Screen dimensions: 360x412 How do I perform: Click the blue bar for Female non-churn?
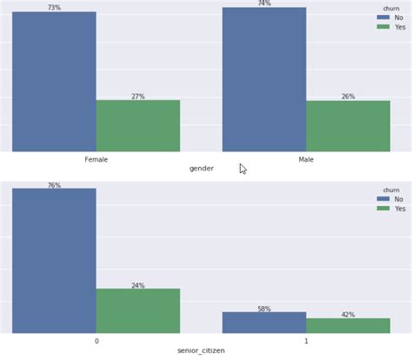[54, 82]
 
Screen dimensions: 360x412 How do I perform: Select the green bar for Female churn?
[138, 126]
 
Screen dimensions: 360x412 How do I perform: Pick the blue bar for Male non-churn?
[264, 79]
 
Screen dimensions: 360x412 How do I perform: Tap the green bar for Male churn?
[348, 126]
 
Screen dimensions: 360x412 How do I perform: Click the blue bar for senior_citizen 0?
[54, 260]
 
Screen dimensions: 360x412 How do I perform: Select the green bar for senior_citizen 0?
[138, 310]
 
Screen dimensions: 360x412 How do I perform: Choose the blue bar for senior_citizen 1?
[264, 322]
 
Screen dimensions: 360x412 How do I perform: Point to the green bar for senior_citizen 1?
[348, 325]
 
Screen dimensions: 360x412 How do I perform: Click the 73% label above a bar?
[54, 8]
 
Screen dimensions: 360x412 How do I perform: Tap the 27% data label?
[138, 97]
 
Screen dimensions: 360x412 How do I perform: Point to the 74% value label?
[264, 3]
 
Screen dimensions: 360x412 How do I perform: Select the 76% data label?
[54, 185]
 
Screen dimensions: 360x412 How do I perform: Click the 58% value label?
[264, 309]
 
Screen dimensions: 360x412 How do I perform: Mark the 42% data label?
[348, 315]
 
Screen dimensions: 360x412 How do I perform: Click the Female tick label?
[96, 159]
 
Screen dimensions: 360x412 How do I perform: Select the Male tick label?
[306, 159]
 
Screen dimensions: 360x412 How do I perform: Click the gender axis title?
[202, 169]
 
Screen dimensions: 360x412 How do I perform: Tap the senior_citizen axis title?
[202, 352]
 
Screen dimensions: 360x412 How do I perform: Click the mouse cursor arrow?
[243, 168]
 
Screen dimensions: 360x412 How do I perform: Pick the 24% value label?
[138, 285]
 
